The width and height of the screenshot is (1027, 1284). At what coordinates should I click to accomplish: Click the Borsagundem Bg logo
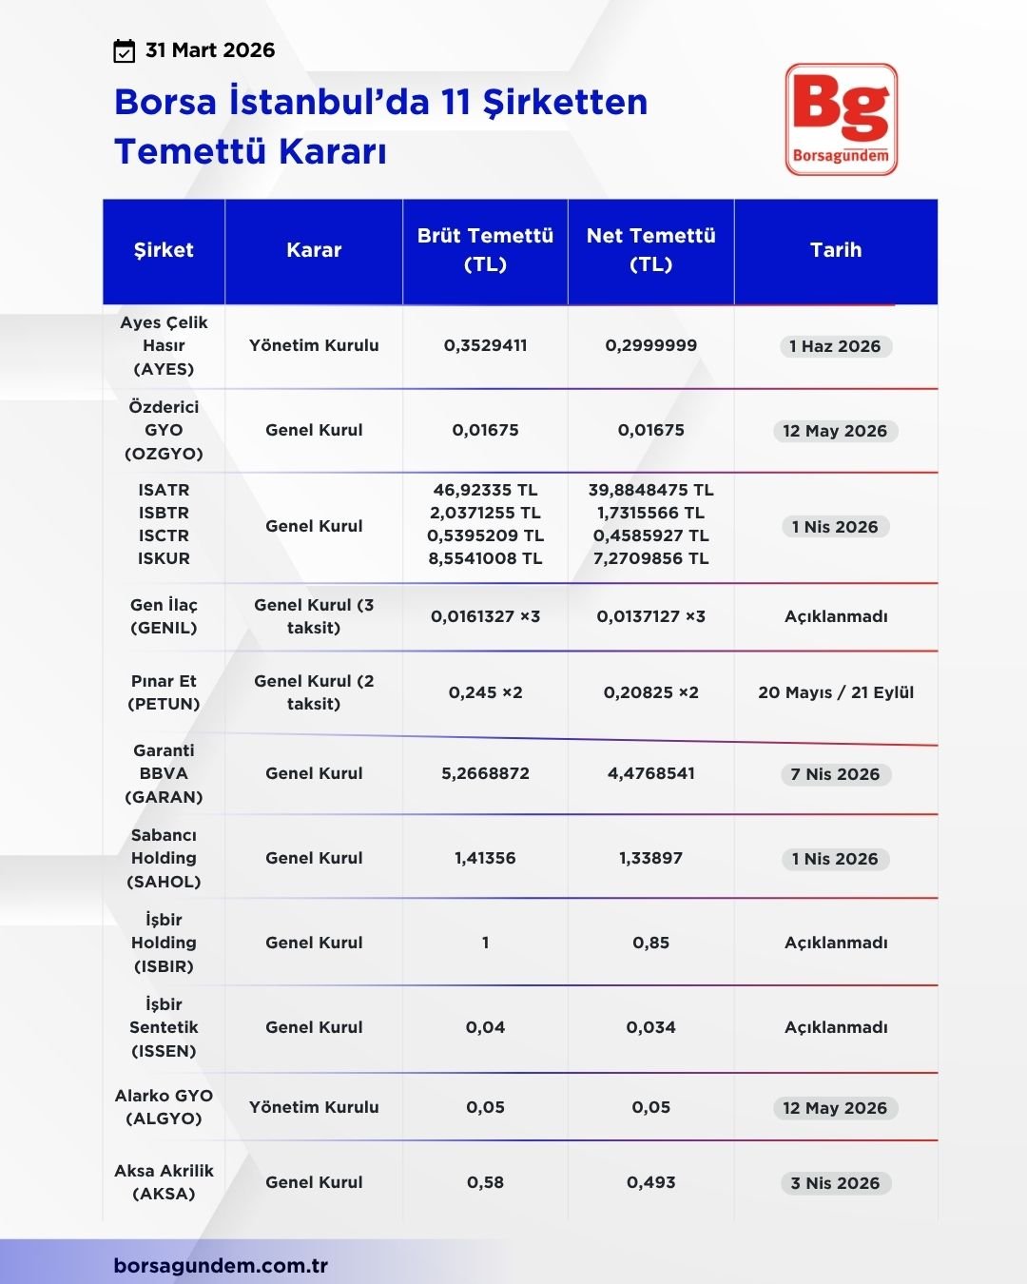842,119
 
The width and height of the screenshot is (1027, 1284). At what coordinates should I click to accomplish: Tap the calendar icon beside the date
124,51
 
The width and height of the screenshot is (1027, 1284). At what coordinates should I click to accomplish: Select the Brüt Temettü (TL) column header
485,250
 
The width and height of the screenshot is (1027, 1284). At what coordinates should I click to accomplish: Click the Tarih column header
836,250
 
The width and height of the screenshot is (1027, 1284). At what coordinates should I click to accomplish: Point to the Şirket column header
164,250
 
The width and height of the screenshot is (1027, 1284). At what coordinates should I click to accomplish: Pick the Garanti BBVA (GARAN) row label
164,773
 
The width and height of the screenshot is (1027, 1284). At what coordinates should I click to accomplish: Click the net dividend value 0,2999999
650,345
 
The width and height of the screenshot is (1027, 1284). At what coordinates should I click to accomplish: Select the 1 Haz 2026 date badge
835,346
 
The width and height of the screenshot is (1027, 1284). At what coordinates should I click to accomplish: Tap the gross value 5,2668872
485,773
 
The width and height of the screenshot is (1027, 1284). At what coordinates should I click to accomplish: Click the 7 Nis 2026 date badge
835,774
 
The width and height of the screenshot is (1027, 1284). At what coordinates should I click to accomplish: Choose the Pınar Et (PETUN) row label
164,692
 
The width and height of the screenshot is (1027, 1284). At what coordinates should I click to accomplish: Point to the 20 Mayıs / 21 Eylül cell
836,692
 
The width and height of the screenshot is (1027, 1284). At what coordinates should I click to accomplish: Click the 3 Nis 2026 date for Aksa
835,1183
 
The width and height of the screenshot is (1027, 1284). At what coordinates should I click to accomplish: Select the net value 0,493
650,1182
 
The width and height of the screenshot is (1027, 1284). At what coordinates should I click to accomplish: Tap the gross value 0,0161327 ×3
485,616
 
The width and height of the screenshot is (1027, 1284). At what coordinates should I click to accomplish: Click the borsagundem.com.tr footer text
221,1266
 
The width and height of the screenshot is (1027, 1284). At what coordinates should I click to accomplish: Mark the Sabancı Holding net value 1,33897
650,858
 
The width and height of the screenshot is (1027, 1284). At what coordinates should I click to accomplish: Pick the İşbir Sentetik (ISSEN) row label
164,1027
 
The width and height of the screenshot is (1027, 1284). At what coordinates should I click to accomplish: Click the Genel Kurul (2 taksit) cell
314,692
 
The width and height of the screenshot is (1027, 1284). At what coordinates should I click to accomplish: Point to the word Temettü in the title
189,152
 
